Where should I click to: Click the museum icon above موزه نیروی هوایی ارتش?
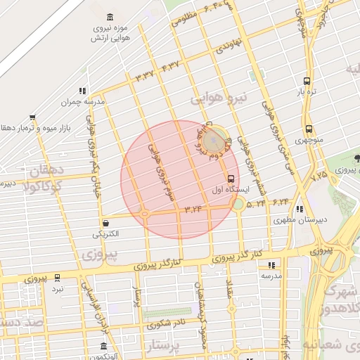tap(109, 16)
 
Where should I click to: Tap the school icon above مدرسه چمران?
tap(83, 90)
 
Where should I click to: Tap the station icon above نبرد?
tap(58, 278)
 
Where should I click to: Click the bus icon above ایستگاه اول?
tap(231, 177)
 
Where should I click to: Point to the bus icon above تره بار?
tap(307, 81)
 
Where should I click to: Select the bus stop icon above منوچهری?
tap(309, 129)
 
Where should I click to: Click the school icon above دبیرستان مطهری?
tap(300, 209)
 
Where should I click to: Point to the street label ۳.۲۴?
tap(193, 208)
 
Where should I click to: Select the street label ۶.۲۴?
tap(281, 201)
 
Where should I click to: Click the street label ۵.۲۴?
tap(256, 202)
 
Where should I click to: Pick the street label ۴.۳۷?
tap(170, 65)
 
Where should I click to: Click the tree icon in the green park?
tap(357, 158)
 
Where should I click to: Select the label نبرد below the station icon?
tap(58, 289)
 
